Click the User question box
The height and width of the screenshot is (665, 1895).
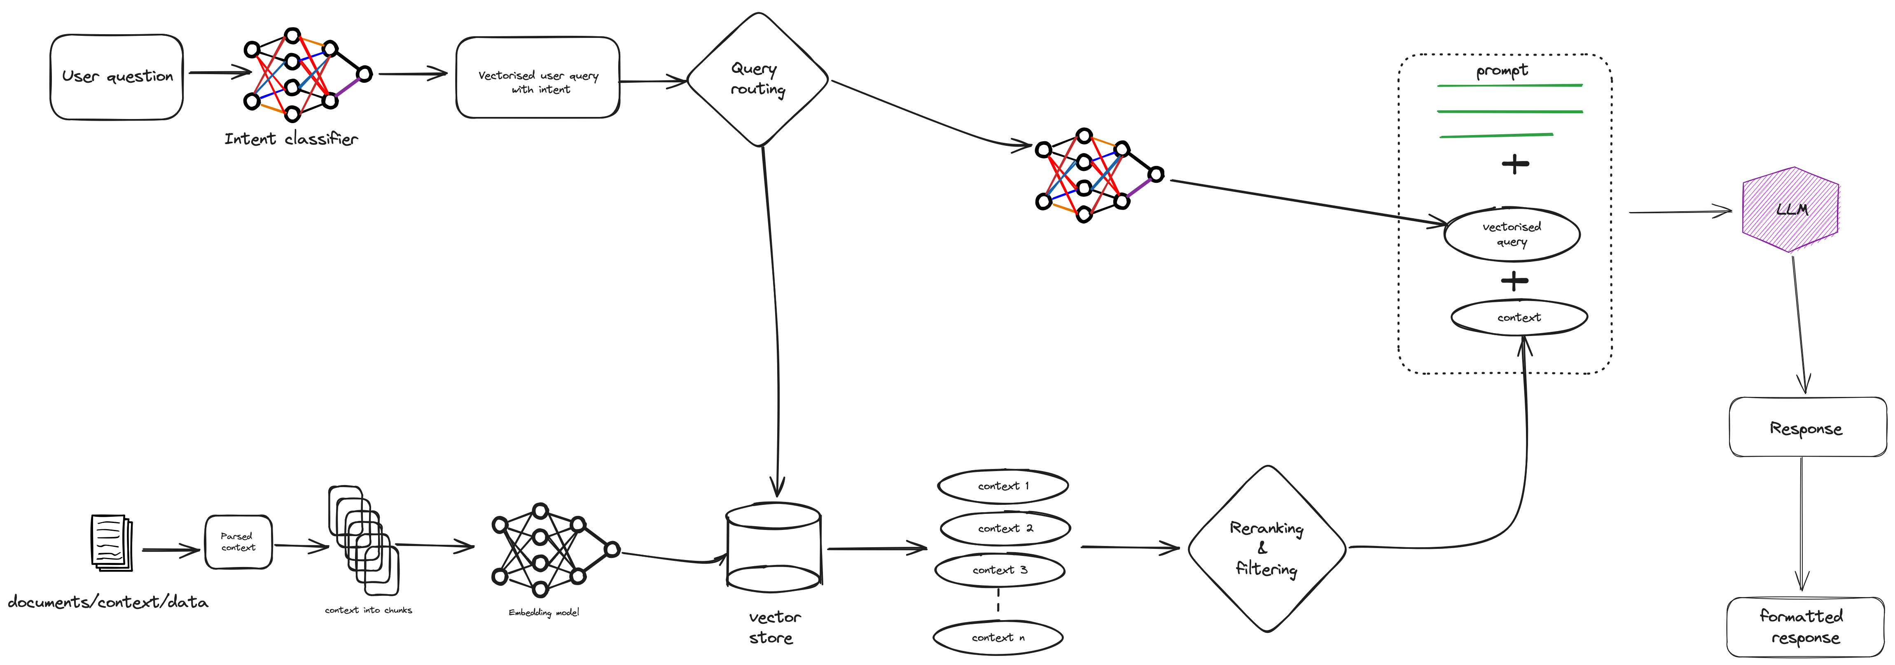click(116, 77)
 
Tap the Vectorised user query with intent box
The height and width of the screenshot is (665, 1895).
click(538, 78)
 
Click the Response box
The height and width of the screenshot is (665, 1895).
click(1807, 427)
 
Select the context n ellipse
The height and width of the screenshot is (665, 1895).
click(998, 637)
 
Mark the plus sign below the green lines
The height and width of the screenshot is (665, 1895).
click(1515, 163)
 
